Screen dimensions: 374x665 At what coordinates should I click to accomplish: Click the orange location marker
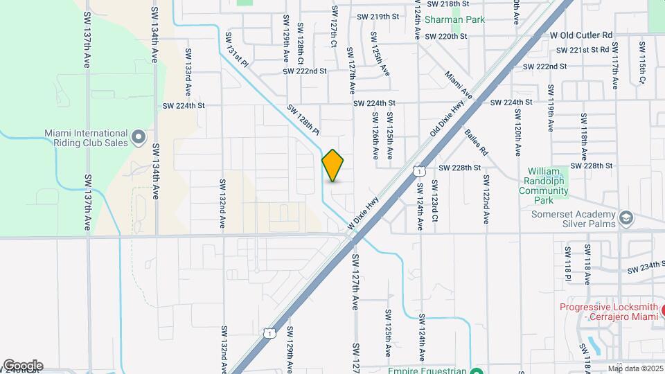tap(332, 166)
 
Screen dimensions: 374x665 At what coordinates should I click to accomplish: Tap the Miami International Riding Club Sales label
tap(87, 138)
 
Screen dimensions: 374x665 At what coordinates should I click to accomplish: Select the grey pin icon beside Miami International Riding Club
tap(138, 139)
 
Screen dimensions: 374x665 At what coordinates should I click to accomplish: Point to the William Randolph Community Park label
tap(547, 185)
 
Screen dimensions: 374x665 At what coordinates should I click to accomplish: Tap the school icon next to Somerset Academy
tap(626, 219)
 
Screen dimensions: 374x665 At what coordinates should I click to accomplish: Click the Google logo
tap(23, 366)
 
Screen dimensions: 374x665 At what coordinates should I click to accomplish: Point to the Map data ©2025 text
tap(636, 368)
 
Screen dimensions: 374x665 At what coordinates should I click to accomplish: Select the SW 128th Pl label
tap(303, 120)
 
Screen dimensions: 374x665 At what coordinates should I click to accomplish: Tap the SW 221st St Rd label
tap(583, 50)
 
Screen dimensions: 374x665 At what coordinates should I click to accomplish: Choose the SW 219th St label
tap(378, 16)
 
